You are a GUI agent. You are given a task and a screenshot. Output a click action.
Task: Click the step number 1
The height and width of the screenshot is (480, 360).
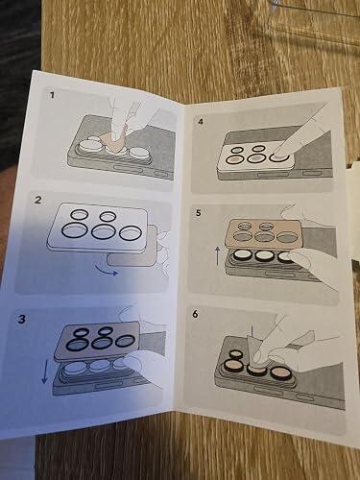pos(52,95)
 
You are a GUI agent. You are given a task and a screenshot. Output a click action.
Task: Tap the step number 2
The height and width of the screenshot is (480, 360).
pos(38,201)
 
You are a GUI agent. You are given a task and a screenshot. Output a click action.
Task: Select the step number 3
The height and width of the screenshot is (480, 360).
pos(21,319)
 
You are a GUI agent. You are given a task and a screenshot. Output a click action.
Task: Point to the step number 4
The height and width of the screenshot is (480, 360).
pos(201,122)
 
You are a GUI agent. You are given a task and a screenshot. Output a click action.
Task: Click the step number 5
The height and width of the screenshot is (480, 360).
pos(199,212)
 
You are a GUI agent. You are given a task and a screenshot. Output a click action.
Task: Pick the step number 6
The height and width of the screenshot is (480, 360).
pos(195,314)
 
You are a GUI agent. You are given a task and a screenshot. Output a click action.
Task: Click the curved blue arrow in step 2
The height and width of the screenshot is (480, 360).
pos(107,272)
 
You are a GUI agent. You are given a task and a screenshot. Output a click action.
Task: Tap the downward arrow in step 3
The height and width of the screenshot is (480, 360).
pos(44,371)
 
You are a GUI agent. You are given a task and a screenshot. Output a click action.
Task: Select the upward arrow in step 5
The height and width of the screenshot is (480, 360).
pos(218,255)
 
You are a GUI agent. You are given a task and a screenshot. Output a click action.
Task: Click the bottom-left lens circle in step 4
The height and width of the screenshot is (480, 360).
pos(233,159)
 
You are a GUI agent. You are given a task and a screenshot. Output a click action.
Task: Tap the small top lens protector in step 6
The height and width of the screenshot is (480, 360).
pos(236,354)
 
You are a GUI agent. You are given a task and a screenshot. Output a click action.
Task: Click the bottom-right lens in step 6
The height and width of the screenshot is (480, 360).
pos(280,372)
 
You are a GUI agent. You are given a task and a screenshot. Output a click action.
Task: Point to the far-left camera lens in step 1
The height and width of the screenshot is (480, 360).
pos(88,146)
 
